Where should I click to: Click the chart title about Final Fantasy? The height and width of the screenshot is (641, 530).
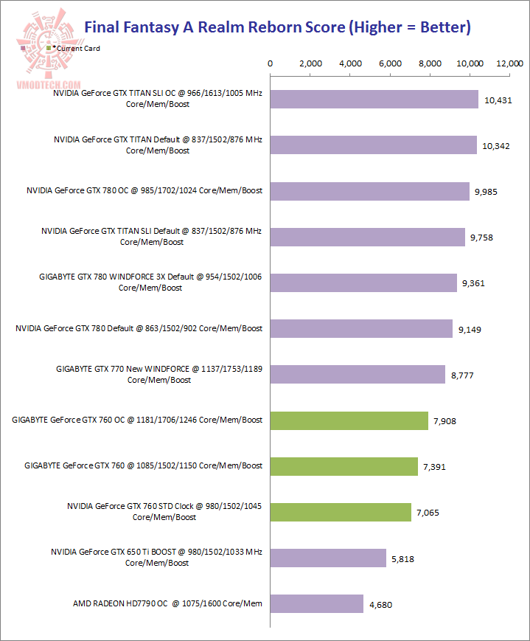pos(278,27)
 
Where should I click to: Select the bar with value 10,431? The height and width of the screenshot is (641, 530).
pos(374,100)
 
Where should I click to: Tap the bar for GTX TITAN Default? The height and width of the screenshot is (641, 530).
pos(374,145)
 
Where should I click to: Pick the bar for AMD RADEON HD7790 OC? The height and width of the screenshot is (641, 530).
pos(317,603)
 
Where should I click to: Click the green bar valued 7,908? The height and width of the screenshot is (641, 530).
pos(349,420)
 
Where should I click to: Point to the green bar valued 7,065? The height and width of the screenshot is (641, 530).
pos(341,512)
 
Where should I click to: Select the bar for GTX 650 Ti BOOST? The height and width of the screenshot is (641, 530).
pos(328,558)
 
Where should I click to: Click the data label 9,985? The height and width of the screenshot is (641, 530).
pos(488,192)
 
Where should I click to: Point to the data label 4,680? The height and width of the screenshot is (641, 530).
pos(380,604)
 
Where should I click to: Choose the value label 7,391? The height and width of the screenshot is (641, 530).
pos(434,467)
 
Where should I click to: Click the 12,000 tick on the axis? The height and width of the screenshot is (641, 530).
pos(511,63)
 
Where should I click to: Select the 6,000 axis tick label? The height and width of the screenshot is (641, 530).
pos(391,63)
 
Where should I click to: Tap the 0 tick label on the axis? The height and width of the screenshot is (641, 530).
pos(271,63)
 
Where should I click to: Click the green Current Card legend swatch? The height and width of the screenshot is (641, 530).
pos(49,48)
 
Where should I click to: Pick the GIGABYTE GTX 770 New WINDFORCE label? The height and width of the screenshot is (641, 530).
pos(159,374)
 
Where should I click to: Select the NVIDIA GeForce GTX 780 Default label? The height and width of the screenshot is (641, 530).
pos(139,328)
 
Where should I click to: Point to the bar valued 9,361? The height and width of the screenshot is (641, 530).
pos(363,283)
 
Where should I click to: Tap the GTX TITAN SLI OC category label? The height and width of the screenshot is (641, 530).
pos(158,99)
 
